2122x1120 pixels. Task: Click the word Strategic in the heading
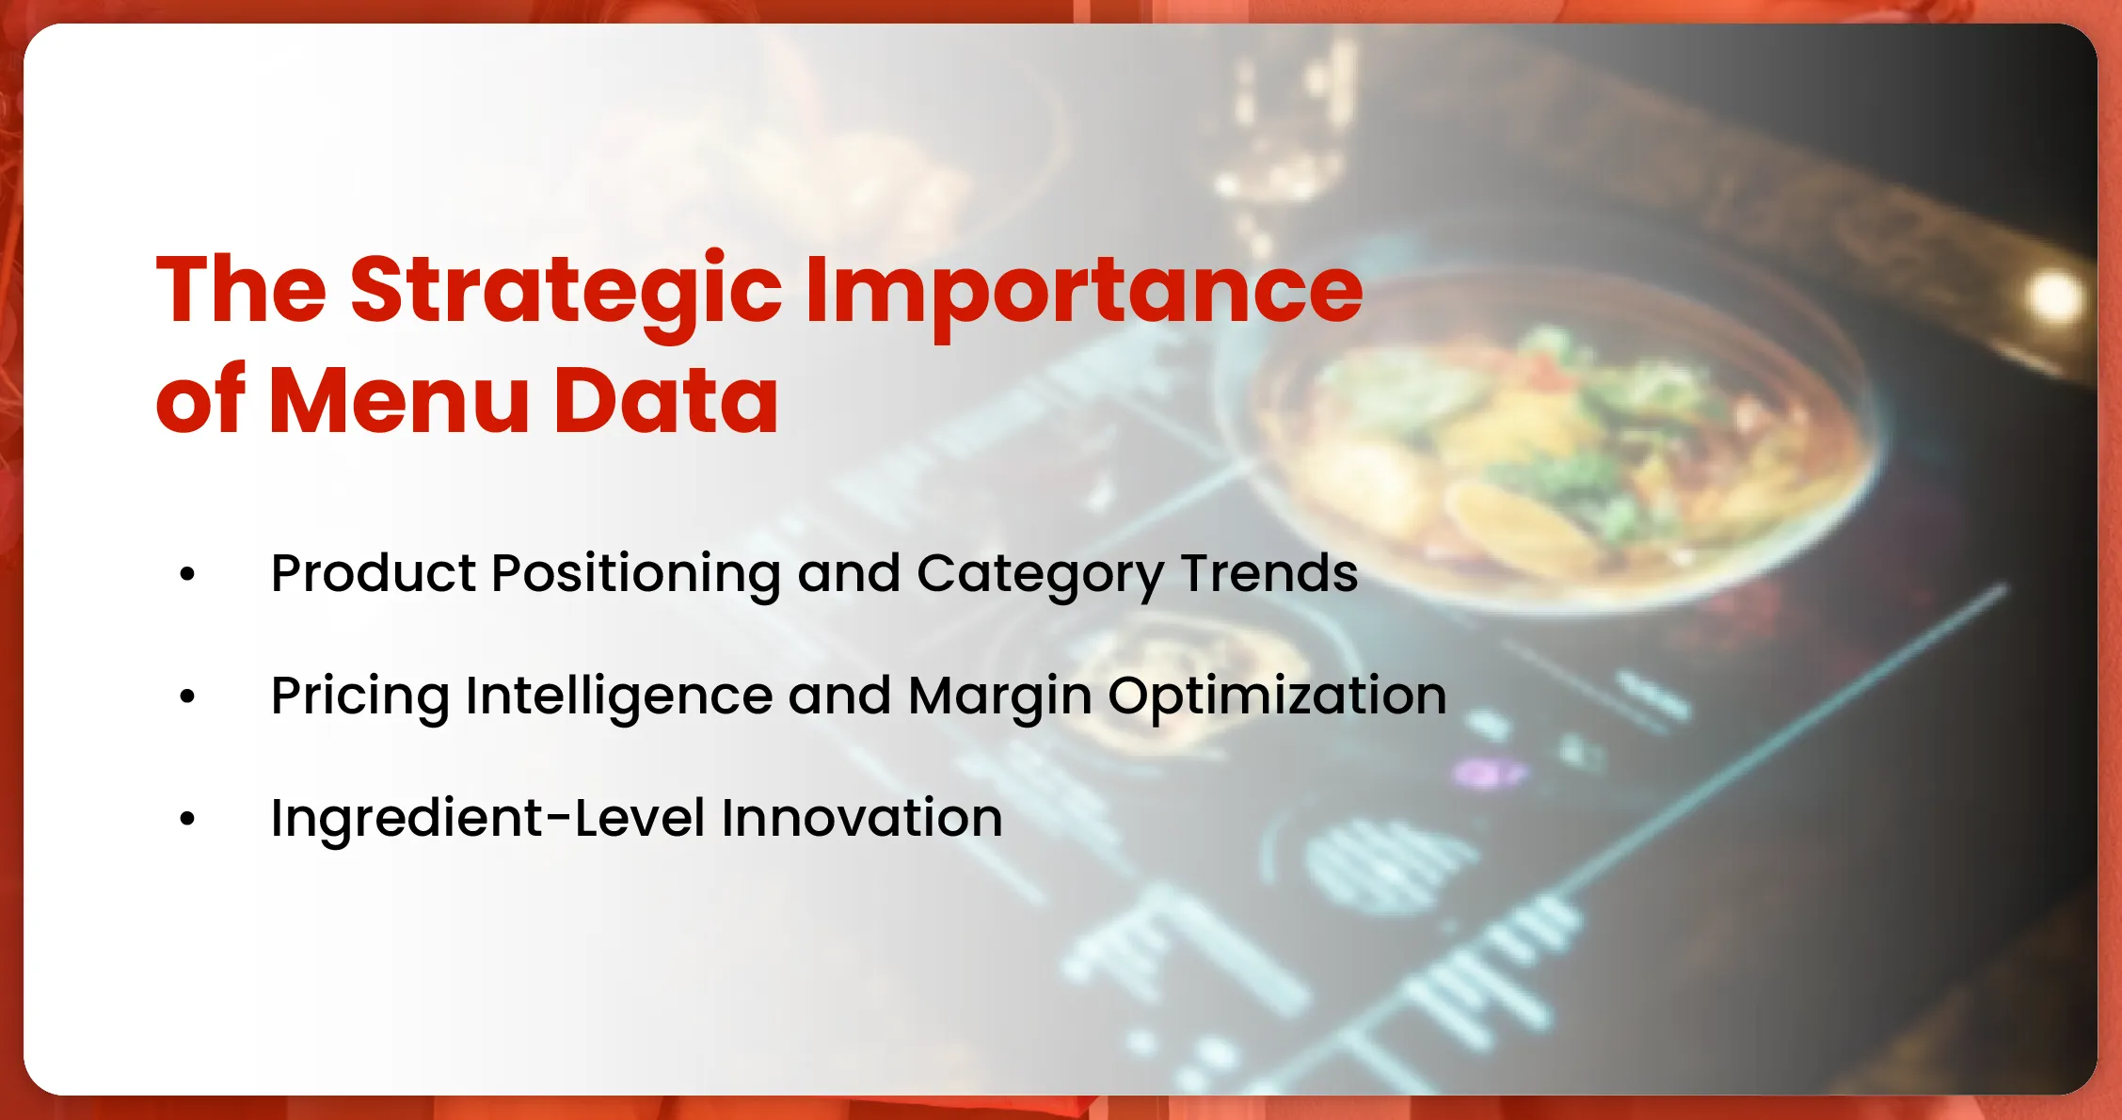point(566,290)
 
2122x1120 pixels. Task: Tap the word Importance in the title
point(1083,290)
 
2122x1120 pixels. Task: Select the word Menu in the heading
point(399,401)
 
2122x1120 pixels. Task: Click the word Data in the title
point(666,401)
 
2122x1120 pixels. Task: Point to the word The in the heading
point(241,290)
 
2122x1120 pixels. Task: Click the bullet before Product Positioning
point(187,573)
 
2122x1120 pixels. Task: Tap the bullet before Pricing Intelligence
point(187,696)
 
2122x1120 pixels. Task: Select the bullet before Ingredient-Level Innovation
point(187,818)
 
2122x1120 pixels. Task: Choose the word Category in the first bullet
point(1040,575)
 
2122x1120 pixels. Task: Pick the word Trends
point(1269,573)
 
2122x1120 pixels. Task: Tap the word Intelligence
point(618,697)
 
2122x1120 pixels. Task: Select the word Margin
point(999,697)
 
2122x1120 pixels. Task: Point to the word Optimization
point(1277,697)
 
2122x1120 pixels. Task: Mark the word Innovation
point(862,818)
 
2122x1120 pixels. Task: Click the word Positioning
point(636,575)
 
